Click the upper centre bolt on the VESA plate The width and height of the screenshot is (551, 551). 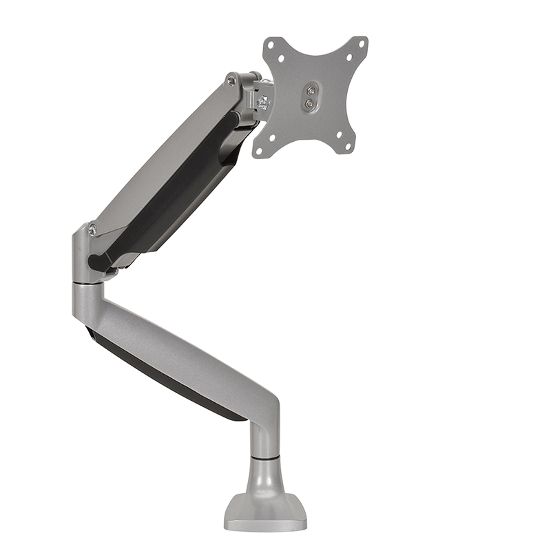point(311,90)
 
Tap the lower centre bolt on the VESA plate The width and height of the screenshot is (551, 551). point(309,103)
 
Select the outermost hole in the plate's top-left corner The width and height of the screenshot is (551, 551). point(271,43)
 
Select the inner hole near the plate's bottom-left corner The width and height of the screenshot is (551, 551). point(271,137)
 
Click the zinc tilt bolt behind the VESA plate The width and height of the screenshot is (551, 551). point(262,104)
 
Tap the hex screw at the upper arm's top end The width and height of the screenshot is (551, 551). point(231,81)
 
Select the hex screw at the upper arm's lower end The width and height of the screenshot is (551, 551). point(92,230)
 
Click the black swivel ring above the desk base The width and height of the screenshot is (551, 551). point(264,456)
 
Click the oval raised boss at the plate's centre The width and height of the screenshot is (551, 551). point(311,96)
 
